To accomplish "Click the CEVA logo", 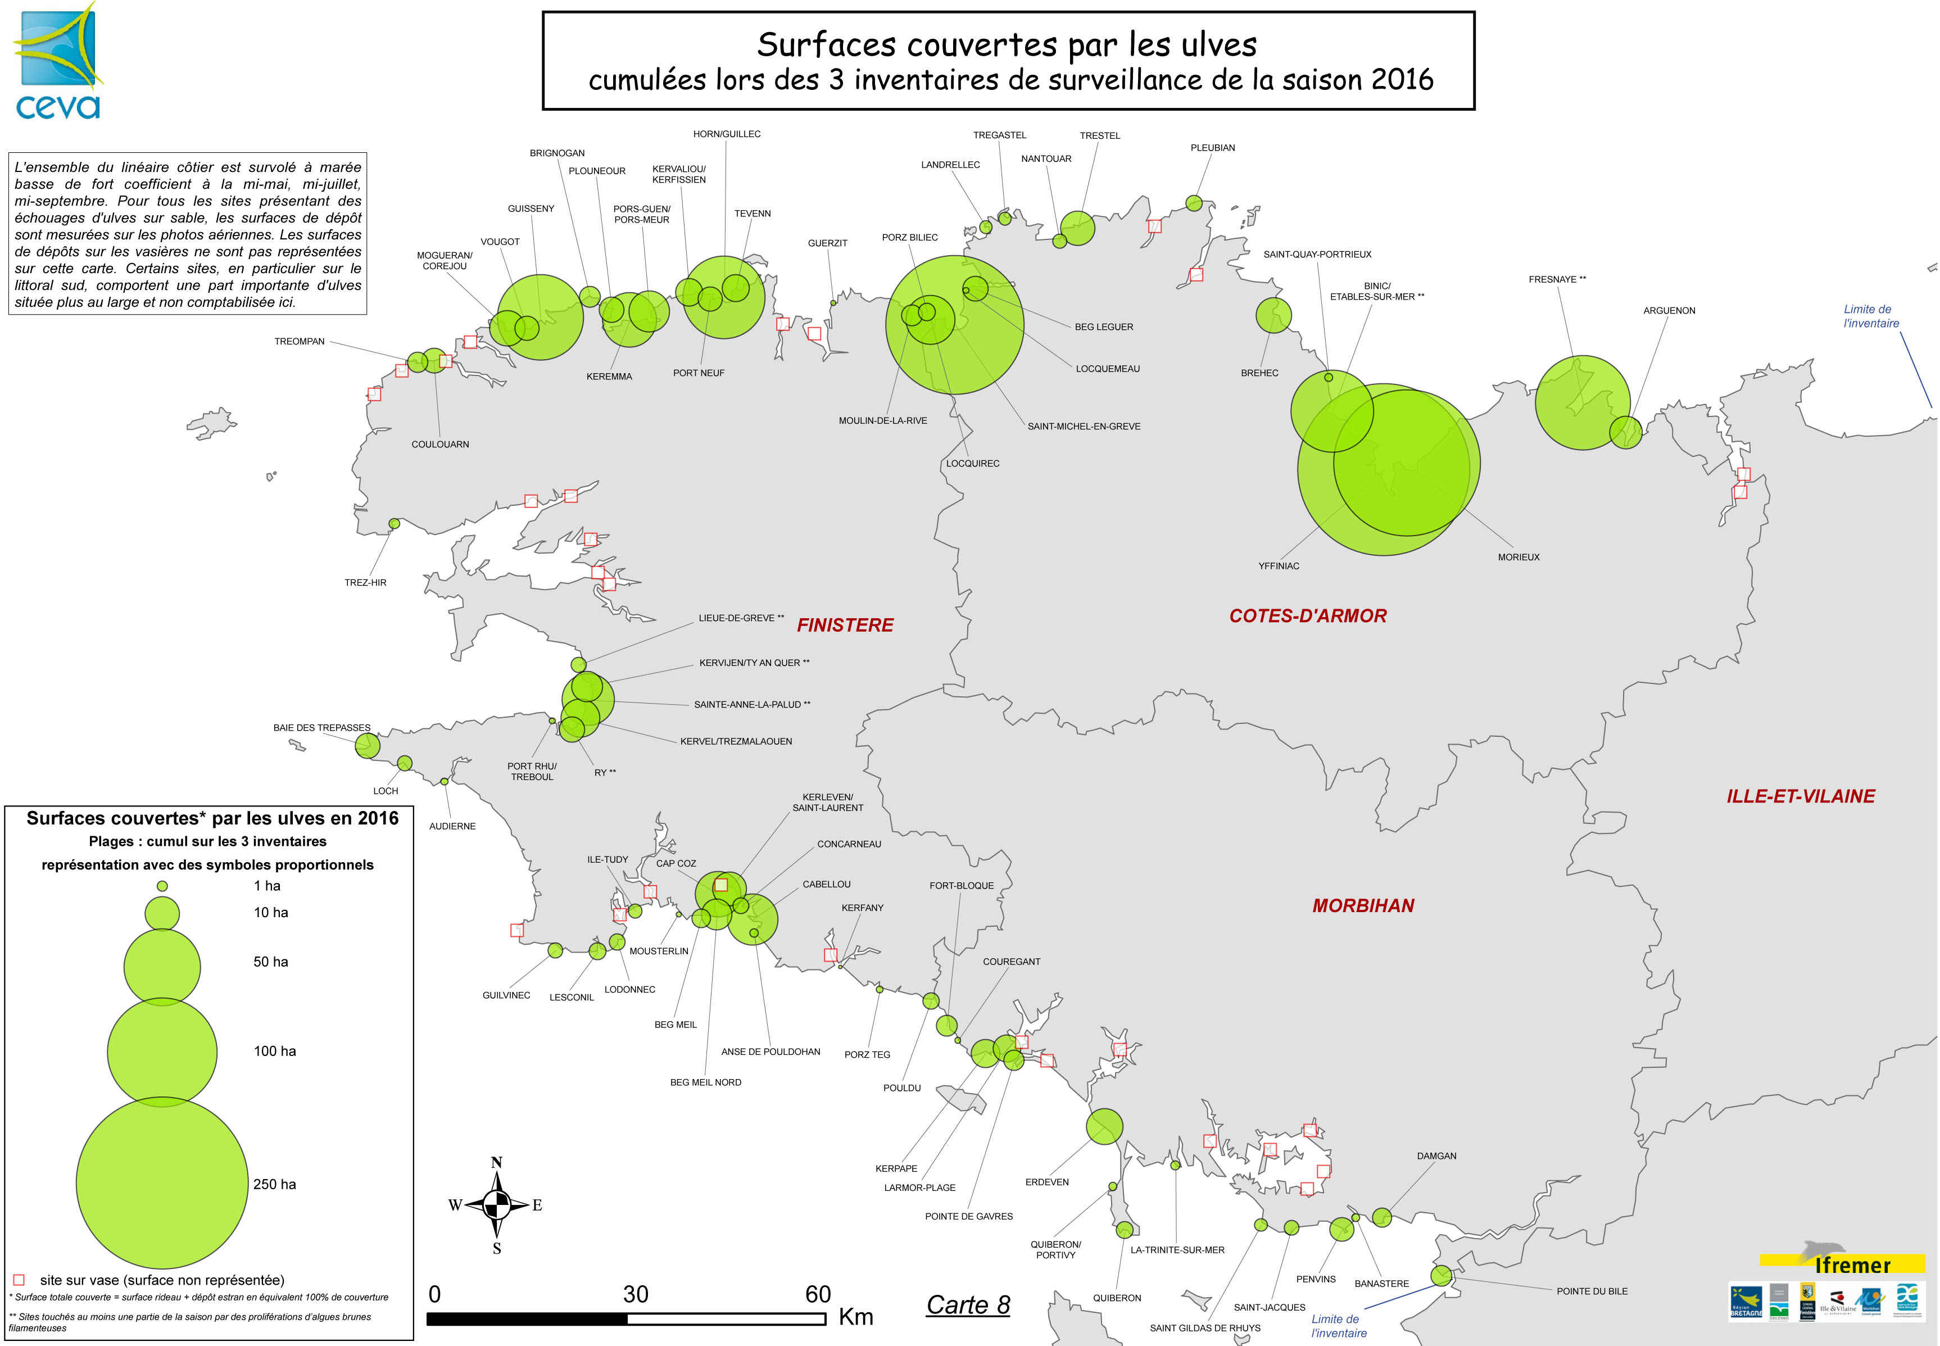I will point(57,61).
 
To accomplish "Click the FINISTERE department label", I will point(845,625).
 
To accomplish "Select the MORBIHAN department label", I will point(1362,906).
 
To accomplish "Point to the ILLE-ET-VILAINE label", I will point(1800,796).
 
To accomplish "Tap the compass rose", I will point(497,1205).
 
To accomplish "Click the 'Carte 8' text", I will point(968,1304).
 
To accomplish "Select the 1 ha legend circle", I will point(163,886).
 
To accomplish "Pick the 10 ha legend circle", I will point(163,913).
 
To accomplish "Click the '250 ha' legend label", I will point(275,1184).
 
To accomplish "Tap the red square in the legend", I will point(20,1279).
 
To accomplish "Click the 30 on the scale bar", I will point(635,1294).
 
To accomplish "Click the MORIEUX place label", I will point(1519,558).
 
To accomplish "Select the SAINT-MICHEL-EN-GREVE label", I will point(1084,427).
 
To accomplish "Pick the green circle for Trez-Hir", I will point(395,524).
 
